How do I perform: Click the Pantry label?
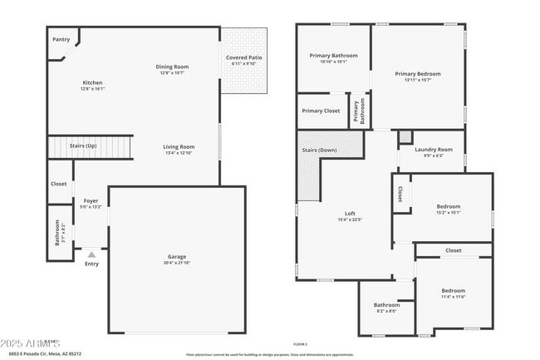(x=61, y=39)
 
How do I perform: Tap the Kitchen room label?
(x=92, y=82)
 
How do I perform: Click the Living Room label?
(x=179, y=146)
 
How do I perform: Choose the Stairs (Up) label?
(x=83, y=145)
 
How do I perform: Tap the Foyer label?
(x=91, y=200)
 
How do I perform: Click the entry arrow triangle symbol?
(x=91, y=254)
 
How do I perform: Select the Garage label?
(x=176, y=257)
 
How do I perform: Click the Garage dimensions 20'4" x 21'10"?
(x=176, y=263)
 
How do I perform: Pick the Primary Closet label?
(x=321, y=111)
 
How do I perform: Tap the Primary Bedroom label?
(x=418, y=74)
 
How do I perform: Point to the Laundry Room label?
(x=429, y=150)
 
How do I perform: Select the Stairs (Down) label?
(x=320, y=150)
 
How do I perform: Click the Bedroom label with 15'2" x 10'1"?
(x=448, y=206)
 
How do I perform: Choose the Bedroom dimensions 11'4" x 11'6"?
(x=453, y=297)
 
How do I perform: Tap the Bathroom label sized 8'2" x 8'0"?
(x=386, y=305)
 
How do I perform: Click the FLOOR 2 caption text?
(x=301, y=344)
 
